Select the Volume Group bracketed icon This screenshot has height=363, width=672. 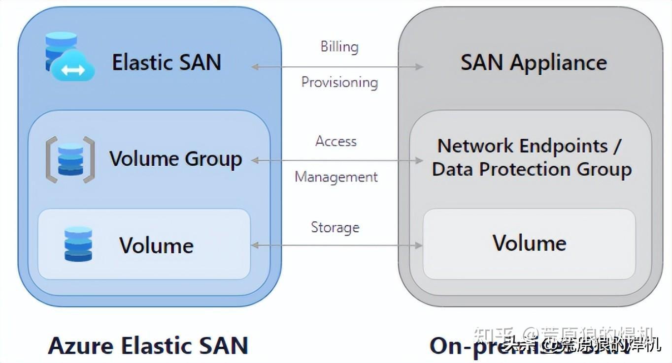click(x=70, y=160)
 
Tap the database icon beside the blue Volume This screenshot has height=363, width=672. click(x=78, y=244)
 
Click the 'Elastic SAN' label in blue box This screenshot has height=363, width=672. click(x=167, y=62)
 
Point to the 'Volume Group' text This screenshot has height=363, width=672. click(x=175, y=159)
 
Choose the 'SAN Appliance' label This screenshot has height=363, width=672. click(x=534, y=62)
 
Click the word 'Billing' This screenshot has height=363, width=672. click(x=339, y=47)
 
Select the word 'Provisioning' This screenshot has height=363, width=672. click(x=339, y=82)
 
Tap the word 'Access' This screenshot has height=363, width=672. click(x=336, y=142)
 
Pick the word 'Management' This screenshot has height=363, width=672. click(x=336, y=177)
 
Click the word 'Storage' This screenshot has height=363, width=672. click(x=335, y=227)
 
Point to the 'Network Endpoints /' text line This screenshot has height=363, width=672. click(x=530, y=146)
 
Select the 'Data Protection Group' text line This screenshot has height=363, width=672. click(x=532, y=169)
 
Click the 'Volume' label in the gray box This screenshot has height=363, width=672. click(x=530, y=243)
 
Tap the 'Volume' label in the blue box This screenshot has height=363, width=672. click(x=156, y=245)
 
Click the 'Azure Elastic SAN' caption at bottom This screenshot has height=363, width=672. click(x=148, y=346)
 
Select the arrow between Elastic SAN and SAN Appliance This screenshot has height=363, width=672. click(x=337, y=67)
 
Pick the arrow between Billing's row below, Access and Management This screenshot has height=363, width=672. click(x=337, y=160)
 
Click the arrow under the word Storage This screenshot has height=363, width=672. click(x=337, y=245)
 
